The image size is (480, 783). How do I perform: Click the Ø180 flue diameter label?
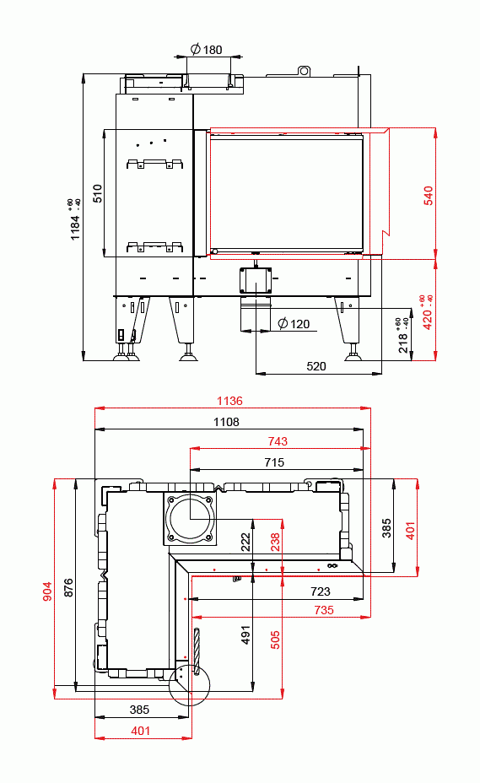pyautogui.click(x=207, y=50)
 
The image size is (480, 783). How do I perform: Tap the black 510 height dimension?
pyautogui.click(x=97, y=193)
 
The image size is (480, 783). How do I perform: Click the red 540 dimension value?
pyautogui.click(x=428, y=195)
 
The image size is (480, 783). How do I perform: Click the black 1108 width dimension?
pyautogui.click(x=226, y=422)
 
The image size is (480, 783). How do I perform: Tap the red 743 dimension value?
pyautogui.click(x=277, y=441)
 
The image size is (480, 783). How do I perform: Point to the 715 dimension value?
pyautogui.click(x=273, y=462)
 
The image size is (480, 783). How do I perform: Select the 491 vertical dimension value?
pyautogui.click(x=246, y=634)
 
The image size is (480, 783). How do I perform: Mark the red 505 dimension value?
pyautogui.click(x=275, y=639)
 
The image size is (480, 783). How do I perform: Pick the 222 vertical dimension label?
pyautogui.click(x=245, y=542)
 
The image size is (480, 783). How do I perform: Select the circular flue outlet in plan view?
pyautogui.click(x=189, y=517)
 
